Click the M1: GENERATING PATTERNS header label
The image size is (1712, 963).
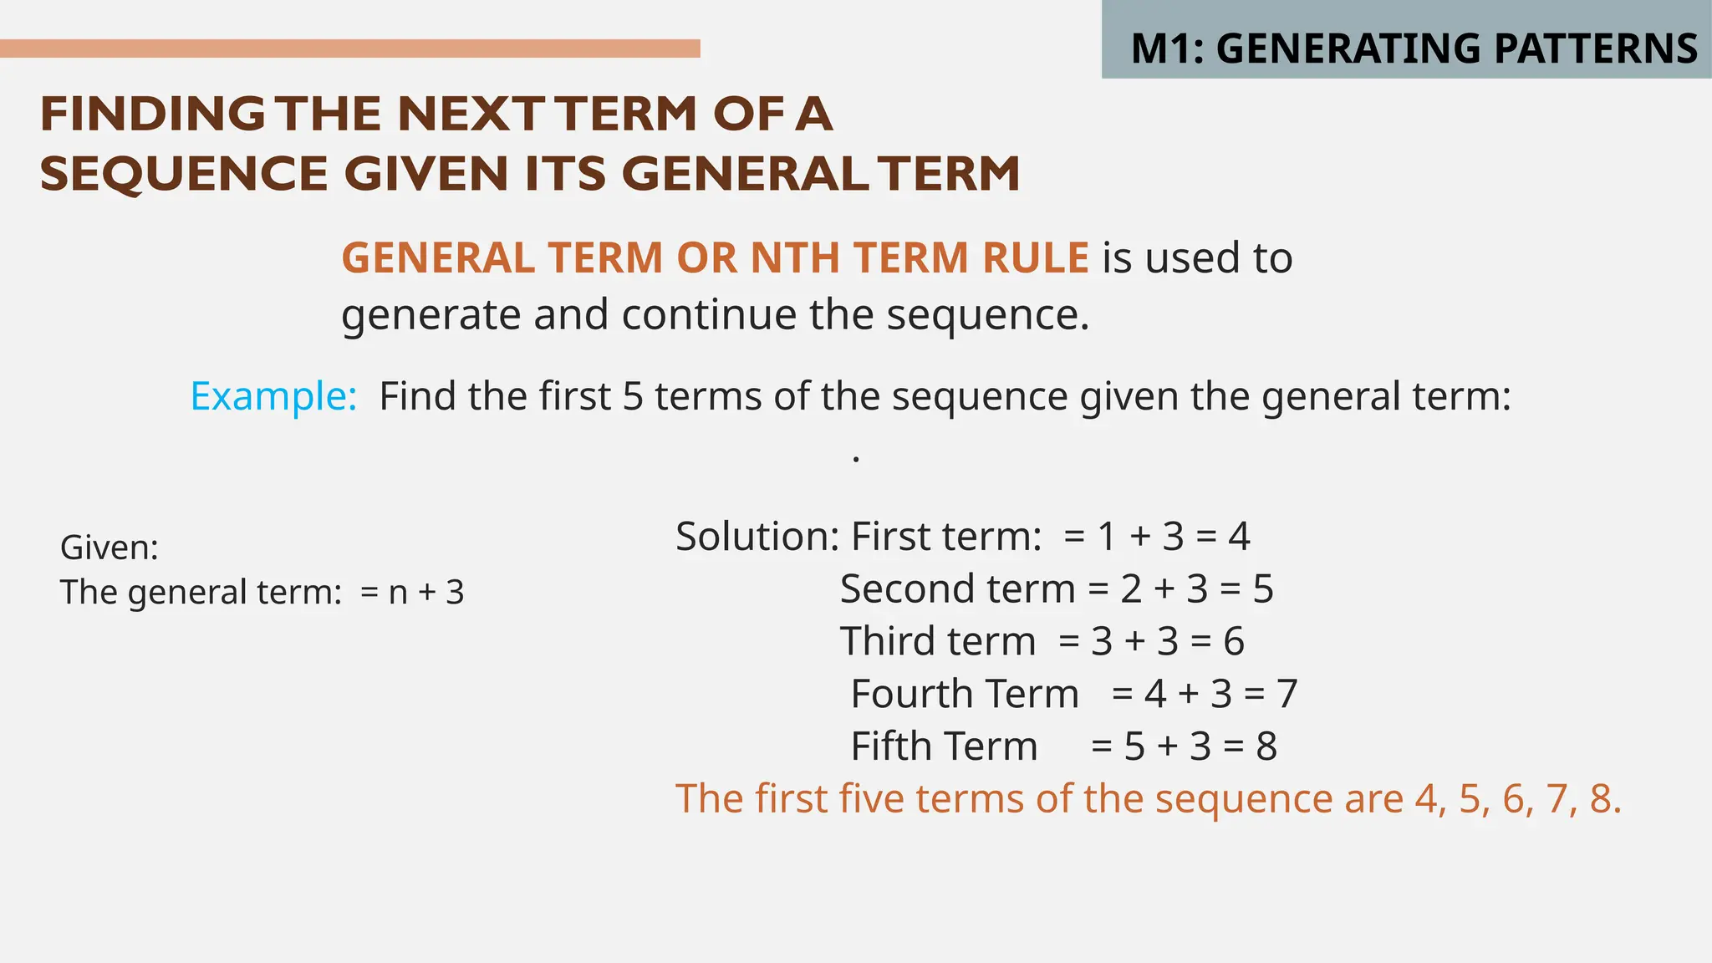(x=1414, y=48)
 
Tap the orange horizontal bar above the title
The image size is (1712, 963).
(x=349, y=48)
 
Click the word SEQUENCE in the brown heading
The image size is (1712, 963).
(x=183, y=174)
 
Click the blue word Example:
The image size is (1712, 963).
(x=273, y=396)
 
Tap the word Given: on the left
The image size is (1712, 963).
(x=110, y=548)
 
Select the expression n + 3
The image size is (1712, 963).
(x=426, y=593)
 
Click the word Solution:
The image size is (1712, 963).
(x=757, y=536)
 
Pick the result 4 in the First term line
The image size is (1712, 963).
(x=1239, y=536)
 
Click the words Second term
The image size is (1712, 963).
(x=957, y=588)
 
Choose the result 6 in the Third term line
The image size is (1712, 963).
(x=1234, y=641)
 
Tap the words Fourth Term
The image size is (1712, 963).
(x=965, y=694)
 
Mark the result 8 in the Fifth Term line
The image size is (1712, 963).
(x=1266, y=746)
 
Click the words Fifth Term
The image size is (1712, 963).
(x=944, y=746)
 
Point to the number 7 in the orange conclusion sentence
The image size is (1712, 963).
(x=1556, y=798)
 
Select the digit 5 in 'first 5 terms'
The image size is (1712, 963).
(x=633, y=396)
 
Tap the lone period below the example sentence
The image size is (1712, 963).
(x=856, y=459)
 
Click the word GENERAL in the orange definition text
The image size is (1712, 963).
(x=438, y=257)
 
